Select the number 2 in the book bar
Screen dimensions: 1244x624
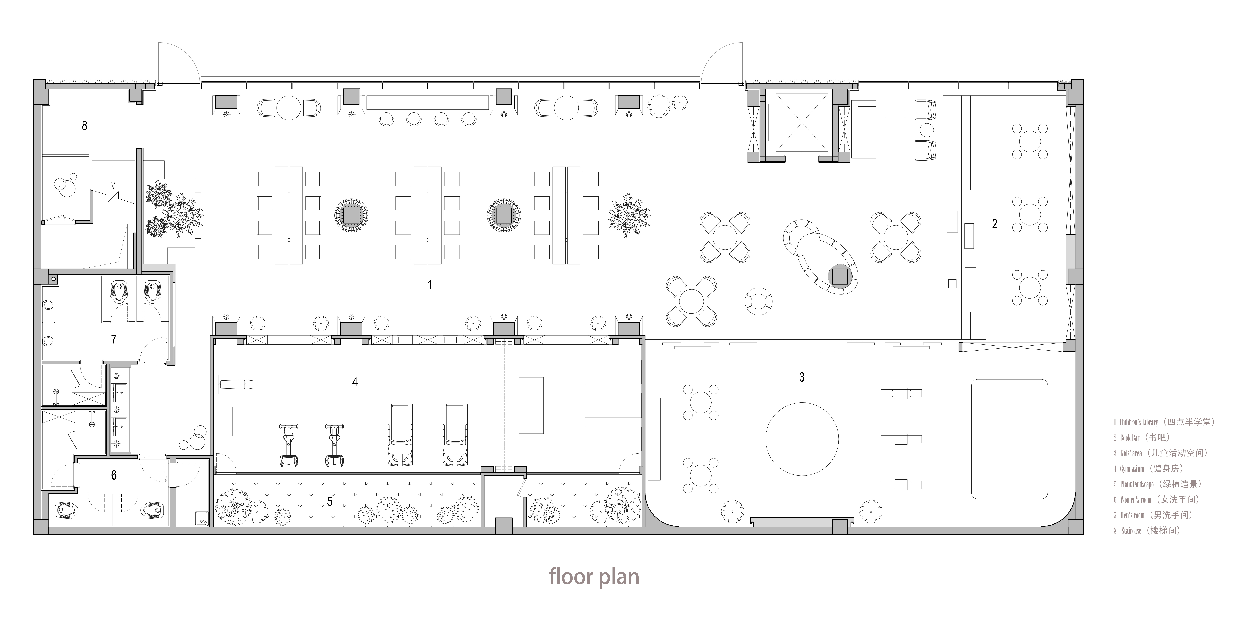tap(994, 223)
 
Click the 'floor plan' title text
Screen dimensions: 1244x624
tap(594, 576)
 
